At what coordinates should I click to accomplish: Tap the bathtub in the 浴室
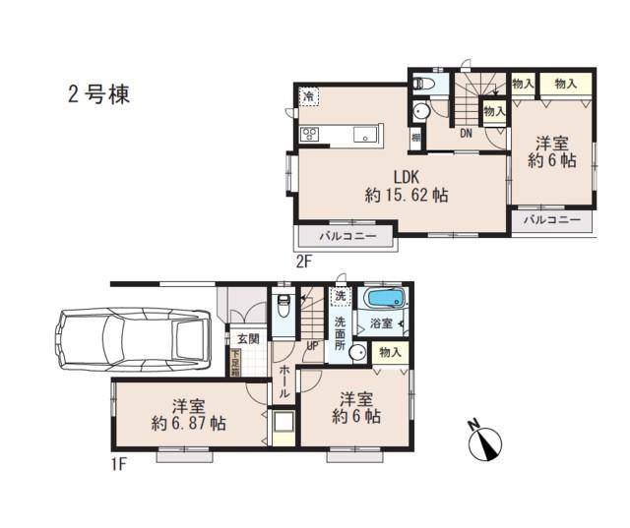point(386,299)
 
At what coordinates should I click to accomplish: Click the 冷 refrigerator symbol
point(309,96)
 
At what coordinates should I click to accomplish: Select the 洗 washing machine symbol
point(341,296)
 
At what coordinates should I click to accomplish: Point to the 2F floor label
point(304,261)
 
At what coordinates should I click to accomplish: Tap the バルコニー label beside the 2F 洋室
point(551,219)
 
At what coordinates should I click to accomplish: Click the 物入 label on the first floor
point(391,351)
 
